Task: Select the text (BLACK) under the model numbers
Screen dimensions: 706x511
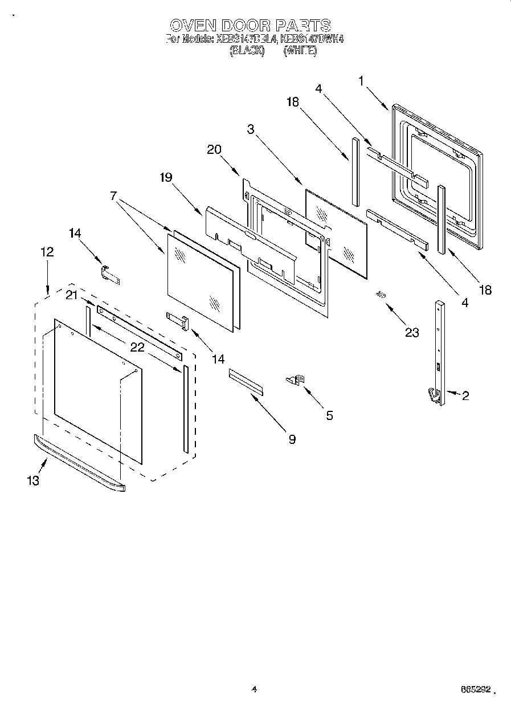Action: (247, 51)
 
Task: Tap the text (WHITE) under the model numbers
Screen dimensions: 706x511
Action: (300, 51)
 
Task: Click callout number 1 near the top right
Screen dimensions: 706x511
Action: (361, 80)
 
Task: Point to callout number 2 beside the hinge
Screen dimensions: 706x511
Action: (465, 395)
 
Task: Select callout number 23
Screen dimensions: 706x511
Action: (411, 332)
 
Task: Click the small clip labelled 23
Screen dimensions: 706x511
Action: (381, 294)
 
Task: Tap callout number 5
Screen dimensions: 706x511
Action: (329, 415)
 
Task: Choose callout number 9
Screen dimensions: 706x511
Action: (292, 439)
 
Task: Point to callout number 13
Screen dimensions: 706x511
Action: (33, 480)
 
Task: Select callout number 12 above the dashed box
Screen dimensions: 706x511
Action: (47, 251)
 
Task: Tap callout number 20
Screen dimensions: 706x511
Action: (214, 149)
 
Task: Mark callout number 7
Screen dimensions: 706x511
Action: (114, 196)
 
